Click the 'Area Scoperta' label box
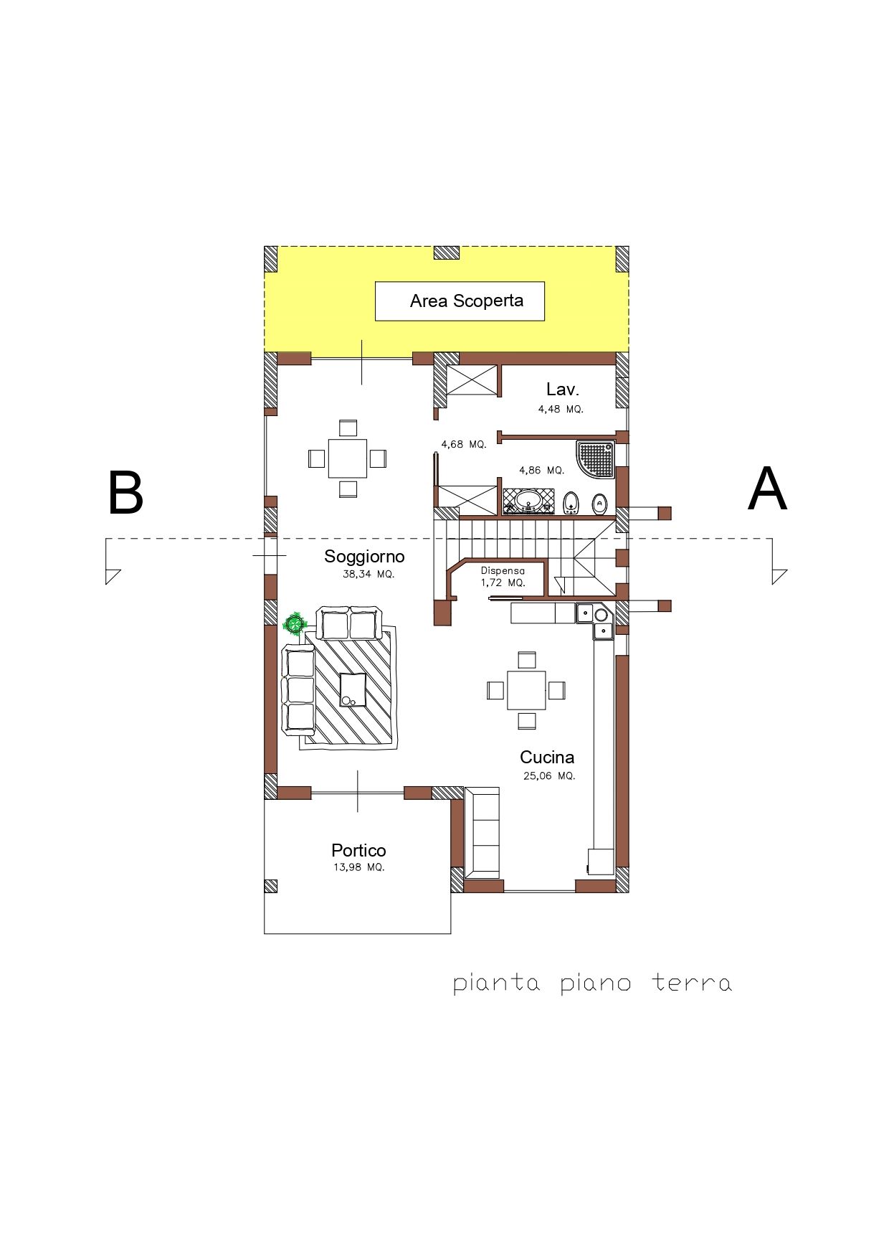click(460, 301)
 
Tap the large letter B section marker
click(125, 493)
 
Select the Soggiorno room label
click(364, 557)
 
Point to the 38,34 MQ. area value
click(369, 575)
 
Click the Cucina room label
click(547, 757)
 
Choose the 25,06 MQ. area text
click(549, 775)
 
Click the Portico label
click(358, 850)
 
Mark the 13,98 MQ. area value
click(359, 867)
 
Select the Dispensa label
click(503, 571)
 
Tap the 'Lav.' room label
click(562, 390)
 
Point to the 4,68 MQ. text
click(464, 445)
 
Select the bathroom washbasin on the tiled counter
click(529, 500)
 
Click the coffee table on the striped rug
click(353, 690)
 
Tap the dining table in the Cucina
click(526, 690)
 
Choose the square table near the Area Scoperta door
click(348, 458)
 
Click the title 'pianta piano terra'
click(592, 983)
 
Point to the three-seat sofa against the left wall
click(298, 689)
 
